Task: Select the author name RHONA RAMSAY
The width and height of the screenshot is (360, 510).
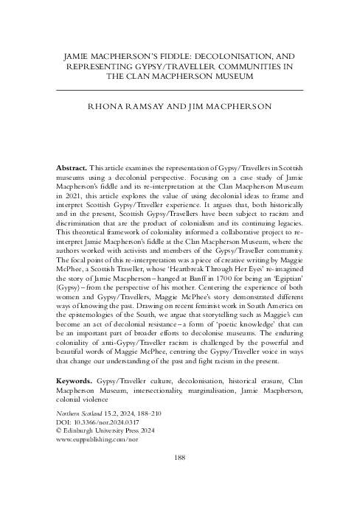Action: coord(126,107)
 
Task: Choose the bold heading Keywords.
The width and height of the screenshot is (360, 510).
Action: coord(77,381)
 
